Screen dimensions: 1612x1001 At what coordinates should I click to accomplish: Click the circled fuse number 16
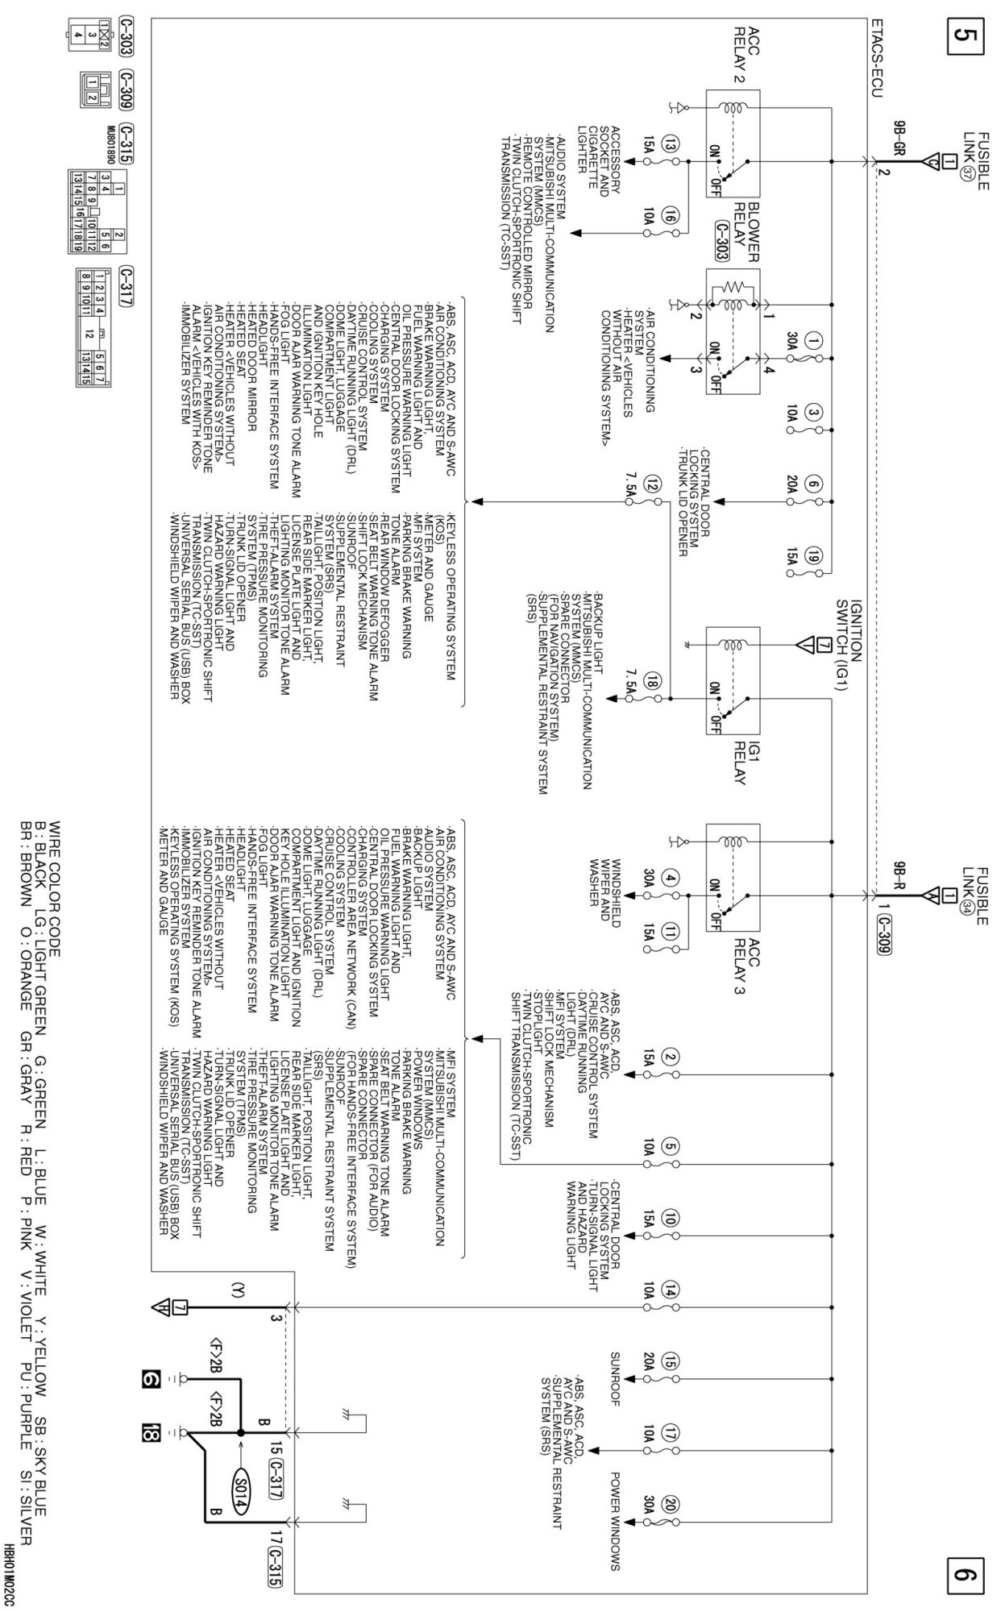point(670,215)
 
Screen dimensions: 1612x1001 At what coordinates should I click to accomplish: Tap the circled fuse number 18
point(654,683)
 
